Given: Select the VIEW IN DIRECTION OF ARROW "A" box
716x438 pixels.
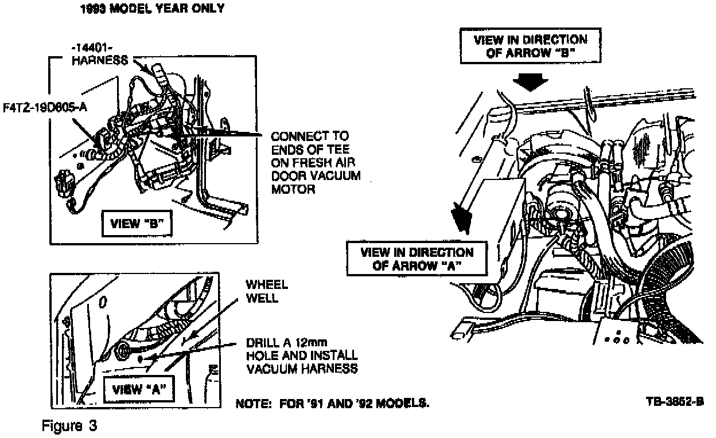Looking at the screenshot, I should (416, 259).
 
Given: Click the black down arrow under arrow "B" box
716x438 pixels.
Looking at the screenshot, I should (530, 82).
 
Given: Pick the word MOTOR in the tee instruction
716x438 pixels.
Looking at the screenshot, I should (293, 189).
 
